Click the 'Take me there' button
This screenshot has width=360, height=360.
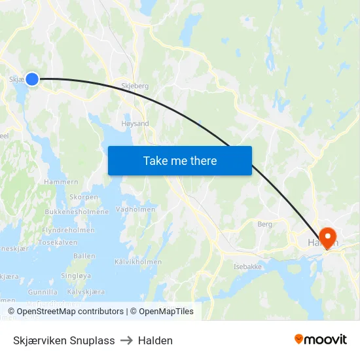click(x=180, y=161)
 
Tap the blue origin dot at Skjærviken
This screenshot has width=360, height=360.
click(x=31, y=79)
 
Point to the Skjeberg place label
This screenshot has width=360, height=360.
click(x=135, y=86)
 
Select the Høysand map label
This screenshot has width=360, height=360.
click(x=135, y=124)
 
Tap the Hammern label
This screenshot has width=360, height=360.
click(x=61, y=182)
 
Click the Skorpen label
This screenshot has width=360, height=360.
click(x=83, y=197)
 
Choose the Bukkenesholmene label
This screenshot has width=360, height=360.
click(x=77, y=212)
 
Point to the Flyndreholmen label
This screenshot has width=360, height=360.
click(x=68, y=230)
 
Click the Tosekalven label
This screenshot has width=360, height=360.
click(x=58, y=242)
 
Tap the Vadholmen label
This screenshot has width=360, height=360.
click(x=135, y=209)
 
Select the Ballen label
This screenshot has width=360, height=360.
click(x=84, y=256)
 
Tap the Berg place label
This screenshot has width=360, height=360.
click(x=264, y=224)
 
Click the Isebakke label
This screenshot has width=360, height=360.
click(x=248, y=267)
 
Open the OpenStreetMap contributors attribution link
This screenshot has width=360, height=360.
click(x=70, y=312)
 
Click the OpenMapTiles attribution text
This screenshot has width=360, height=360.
click(x=166, y=312)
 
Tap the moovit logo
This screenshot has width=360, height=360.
click(x=321, y=340)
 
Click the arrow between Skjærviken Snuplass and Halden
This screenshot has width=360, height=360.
click(x=126, y=340)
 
